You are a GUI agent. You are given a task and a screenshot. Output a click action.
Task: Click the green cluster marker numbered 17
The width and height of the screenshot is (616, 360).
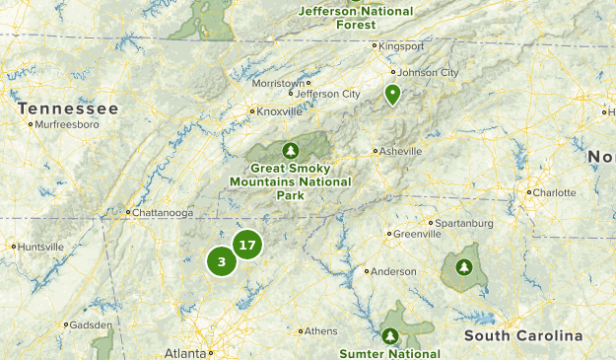pyautogui.click(x=247, y=245)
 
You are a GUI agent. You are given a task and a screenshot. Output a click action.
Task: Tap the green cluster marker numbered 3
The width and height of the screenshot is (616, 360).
pyautogui.click(x=222, y=261)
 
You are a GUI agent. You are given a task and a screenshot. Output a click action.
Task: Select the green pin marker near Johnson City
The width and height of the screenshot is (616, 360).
pyautogui.click(x=392, y=95)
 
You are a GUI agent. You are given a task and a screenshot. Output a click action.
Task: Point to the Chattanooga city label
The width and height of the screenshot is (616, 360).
pyautogui.click(x=163, y=212)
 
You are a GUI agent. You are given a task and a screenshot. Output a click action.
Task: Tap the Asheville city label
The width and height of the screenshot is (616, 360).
pyautogui.click(x=400, y=151)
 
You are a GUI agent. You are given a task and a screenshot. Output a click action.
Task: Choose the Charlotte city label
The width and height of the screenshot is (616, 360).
pyautogui.click(x=554, y=192)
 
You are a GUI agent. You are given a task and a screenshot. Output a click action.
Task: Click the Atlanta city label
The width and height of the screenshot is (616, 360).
pyautogui.click(x=185, y=352)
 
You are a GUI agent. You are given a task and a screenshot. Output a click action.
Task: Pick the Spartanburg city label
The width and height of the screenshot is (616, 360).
pyautogui.click(x=464, y=223)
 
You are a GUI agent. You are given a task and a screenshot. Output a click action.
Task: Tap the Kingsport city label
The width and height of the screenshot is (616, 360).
pyautogui.click(x=404, y=45)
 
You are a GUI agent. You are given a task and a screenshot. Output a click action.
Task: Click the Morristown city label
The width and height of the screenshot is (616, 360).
pyautogui.click(x=278, y=84)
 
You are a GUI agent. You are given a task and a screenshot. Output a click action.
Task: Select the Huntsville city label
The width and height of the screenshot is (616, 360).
pyautogui.click(x=40, y=247)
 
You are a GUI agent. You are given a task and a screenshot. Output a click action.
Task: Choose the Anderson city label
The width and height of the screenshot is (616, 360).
pyautogui.click(x=393, y=271)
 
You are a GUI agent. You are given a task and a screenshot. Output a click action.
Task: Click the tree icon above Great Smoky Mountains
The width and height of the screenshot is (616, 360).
pyautogui.click(x=291, y=151)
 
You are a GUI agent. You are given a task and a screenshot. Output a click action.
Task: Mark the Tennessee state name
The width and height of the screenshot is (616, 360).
pyautogui.click(x=68, y=108)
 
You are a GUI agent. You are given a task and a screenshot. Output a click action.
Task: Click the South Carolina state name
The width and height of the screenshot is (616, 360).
pyautogui.click(x=523, y=336)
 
